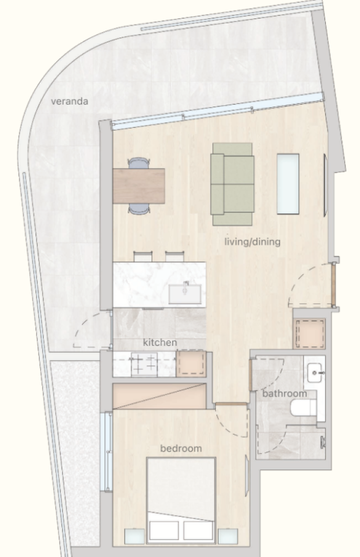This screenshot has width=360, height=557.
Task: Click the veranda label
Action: pos(69,101)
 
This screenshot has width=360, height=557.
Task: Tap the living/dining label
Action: pos(252,242)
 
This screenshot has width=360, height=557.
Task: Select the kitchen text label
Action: pos(160,343)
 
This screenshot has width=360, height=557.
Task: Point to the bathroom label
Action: pos(284,394)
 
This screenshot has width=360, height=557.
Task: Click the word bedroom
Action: pos(181,448)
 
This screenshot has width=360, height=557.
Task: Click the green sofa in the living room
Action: pos(233,184)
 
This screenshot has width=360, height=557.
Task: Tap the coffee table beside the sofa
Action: pos(288,184)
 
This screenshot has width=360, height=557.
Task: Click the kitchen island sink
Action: pos(184,293)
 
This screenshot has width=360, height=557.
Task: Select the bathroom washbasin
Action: pos(316,373)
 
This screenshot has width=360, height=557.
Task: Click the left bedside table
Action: pos(134,536)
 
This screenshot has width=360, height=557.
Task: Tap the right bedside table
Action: pos(227,536)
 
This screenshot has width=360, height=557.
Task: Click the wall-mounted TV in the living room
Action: pos(325,185)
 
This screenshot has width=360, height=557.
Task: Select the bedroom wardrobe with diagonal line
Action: pos(159,396)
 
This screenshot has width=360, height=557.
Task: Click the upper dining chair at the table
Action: pos(139,163)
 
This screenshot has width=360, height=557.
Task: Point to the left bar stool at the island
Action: pos(143,257)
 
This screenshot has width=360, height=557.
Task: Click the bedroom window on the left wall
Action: pos(106,451)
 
